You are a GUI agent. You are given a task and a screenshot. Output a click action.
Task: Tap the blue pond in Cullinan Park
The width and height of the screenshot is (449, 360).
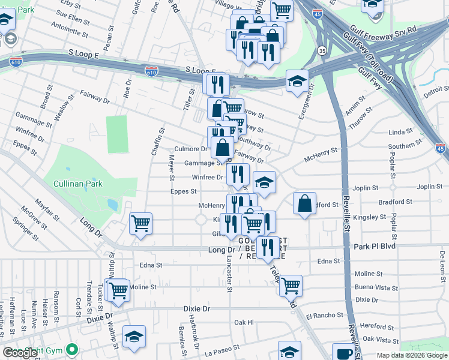(112, 205)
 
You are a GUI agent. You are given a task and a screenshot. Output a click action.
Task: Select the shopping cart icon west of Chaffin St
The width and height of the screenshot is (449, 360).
(140, 224)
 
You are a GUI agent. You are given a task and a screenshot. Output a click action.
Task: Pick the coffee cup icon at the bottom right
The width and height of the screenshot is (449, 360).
(344, 353)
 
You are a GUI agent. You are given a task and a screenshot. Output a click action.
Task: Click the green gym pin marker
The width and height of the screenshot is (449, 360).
(72, 349)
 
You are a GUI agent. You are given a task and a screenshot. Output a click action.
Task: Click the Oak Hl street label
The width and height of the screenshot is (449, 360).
(244, 322)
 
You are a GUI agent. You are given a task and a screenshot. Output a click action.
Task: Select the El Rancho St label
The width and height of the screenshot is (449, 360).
(325, 314)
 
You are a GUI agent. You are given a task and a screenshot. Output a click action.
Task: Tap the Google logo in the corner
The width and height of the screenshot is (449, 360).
(21, 353)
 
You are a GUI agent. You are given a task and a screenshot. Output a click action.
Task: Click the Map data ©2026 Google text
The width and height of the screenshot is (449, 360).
(412, 355)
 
